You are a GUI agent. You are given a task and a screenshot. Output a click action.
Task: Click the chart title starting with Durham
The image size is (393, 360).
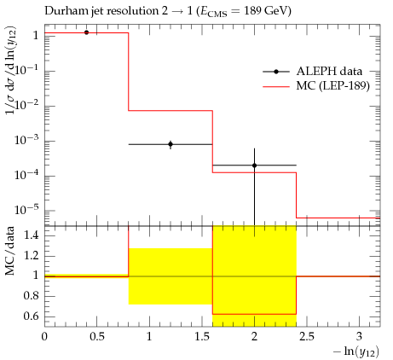168,11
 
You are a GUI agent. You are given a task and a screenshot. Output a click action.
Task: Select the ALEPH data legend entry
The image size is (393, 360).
313,72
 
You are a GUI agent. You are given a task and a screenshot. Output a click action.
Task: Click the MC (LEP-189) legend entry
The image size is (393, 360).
316,85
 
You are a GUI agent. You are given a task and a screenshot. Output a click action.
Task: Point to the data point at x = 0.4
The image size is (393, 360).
86,32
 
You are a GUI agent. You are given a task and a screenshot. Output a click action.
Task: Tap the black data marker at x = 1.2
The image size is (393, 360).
170,144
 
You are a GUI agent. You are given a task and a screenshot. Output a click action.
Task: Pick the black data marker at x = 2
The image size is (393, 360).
254,165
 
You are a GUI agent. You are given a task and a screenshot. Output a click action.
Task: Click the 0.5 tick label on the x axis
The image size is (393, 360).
97,337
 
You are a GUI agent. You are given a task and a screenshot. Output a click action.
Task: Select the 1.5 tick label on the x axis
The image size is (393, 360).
202,337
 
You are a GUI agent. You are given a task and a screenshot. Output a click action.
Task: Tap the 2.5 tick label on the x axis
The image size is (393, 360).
307,337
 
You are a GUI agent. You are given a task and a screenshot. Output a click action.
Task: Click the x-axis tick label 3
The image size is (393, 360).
360,337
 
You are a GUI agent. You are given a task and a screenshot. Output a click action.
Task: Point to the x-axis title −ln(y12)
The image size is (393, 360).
356,351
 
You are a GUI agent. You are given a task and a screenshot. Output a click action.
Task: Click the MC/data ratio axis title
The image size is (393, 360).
9,251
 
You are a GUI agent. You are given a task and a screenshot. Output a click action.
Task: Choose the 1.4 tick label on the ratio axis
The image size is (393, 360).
32,235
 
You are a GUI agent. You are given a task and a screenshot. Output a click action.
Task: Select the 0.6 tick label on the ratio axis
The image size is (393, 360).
31,316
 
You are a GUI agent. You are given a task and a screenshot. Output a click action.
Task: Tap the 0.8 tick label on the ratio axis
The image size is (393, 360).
31,296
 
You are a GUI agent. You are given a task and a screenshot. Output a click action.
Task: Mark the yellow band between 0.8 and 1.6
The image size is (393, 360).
170,276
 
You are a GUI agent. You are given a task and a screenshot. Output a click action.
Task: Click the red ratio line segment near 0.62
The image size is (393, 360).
254,314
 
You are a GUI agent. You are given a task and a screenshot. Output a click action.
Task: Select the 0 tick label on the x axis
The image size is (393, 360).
44,337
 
